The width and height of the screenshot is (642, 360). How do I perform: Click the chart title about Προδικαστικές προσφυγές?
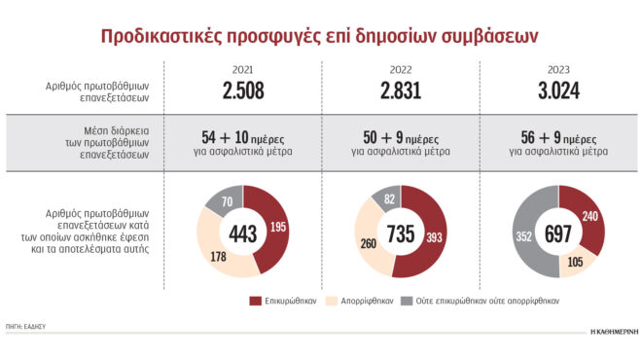click(x=320, y=36)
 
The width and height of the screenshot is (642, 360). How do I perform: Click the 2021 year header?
click(x=242, y=71)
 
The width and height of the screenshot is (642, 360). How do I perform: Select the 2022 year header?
click(x=400, y=71)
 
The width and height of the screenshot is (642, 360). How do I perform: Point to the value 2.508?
click(x=242, y=91)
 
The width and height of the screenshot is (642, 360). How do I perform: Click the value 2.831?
click(x=400, y=91)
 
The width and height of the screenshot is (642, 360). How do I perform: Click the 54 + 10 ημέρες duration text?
click(x=242, y=137)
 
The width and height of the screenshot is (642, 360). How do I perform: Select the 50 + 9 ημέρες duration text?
click(x=400, y=137)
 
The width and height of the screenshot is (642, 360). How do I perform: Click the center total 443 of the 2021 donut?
click(x=242, y=232)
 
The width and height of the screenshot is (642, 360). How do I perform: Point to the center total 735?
click(x=400, y=232)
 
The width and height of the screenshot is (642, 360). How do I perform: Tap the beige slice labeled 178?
click(x=219, y=256)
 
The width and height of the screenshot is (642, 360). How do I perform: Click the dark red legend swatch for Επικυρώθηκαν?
click(x=256, y=302)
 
